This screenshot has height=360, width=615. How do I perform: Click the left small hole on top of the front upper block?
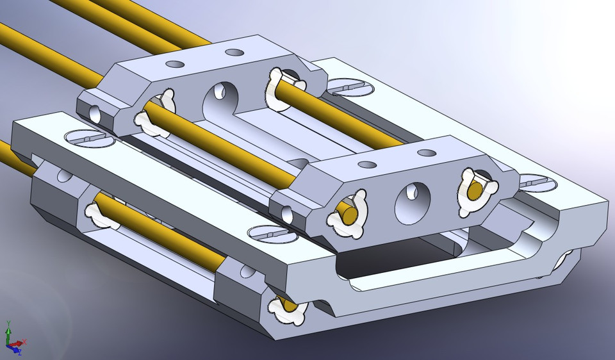367,165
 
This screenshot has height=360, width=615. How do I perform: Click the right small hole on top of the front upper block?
425,152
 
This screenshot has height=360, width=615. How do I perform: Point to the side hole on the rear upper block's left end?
95,115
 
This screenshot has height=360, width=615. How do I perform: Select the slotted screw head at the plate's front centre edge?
268,234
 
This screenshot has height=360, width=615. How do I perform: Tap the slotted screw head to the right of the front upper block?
535,183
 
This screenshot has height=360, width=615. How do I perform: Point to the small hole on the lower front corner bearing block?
246,272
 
